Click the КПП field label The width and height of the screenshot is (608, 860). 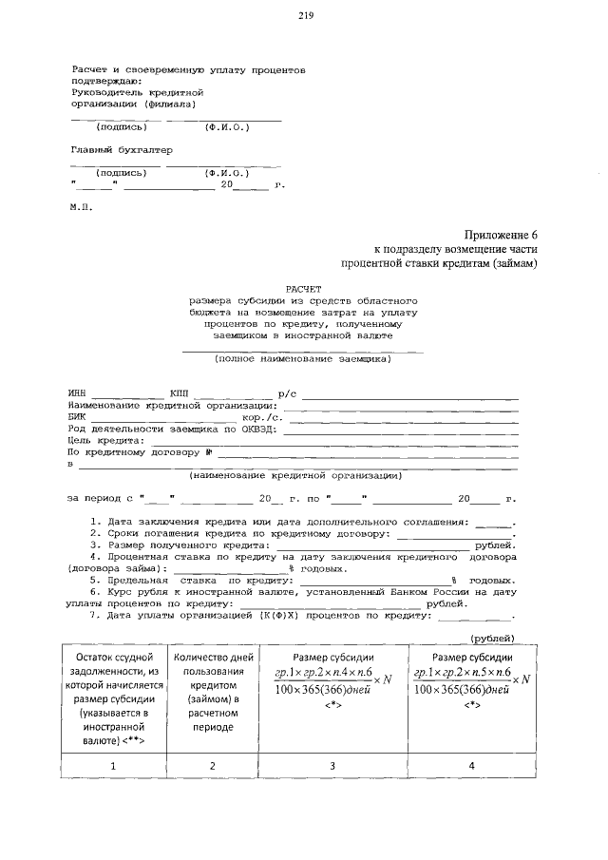coord(179,392)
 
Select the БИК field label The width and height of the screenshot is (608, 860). coord(78,416)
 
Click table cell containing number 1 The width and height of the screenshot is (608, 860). coord(113,765)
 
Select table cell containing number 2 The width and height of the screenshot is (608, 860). coord(212,765)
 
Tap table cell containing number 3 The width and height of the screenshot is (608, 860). coord(332,765)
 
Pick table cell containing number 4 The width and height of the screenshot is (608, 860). coord(472,765)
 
